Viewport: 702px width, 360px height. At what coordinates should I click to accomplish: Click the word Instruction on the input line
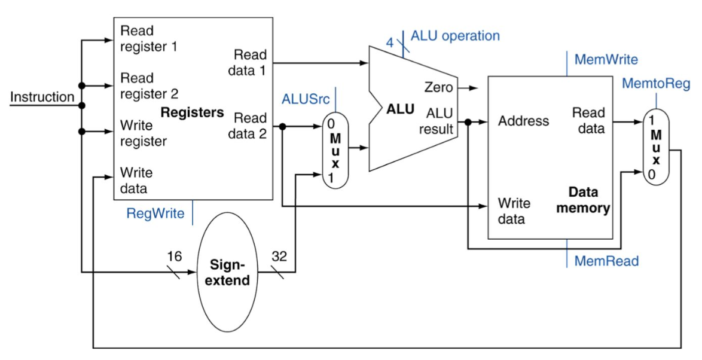[x=42, y=97]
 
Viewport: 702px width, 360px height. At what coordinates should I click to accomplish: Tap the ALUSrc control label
[x=306, y=99]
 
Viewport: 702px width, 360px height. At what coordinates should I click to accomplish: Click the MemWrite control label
[x=606, y=60]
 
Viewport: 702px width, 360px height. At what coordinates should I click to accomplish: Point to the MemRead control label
[x=607, y=261]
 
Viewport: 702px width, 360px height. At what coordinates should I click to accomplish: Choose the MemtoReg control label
[x=656, y=83]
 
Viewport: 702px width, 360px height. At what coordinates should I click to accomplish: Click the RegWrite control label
[x=155, y=213]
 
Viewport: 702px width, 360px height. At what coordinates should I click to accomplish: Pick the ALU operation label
[x=455, y=35]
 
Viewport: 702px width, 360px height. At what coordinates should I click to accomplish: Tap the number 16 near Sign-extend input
[x=175, y=256]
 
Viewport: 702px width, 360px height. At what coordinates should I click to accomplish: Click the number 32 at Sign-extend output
[x=279, y=256]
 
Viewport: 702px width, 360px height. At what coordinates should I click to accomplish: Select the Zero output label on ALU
[x=439, y=87]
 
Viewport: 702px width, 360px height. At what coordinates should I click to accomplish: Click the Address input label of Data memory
[x=523, y=121]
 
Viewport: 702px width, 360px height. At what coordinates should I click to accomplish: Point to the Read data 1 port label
[x=247, y=63]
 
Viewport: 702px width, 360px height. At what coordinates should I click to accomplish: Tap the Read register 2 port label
[x=149, y=86]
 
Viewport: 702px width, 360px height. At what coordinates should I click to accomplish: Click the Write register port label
[x=144, y=133]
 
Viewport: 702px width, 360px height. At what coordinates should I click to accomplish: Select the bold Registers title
[x=192, y=112]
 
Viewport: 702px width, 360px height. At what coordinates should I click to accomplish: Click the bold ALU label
[x=400, y=109]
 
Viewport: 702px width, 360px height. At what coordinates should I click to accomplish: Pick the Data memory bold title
[x=583, y=200]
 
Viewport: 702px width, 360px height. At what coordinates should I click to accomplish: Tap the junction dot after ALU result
[x=468, y=122]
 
